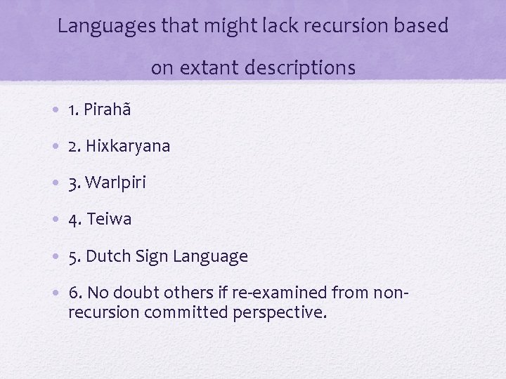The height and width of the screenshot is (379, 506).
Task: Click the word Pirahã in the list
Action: click(x=108, y=110)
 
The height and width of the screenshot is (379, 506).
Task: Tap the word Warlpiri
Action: click(x=118, y=183)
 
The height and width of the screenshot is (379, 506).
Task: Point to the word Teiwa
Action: click(x=110, y=220)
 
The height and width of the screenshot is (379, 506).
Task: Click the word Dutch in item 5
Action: click(x=107, y=256)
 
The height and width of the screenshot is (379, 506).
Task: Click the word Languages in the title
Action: click(x=100, y=27)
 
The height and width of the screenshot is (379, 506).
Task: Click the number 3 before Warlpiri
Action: click(x=74, y=183)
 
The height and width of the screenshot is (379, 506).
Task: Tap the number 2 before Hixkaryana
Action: click(x=74, y=147)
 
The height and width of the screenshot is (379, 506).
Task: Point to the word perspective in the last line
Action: click(x=279, y=312)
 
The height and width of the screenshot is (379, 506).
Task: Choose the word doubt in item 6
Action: click(x=129, y=293)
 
